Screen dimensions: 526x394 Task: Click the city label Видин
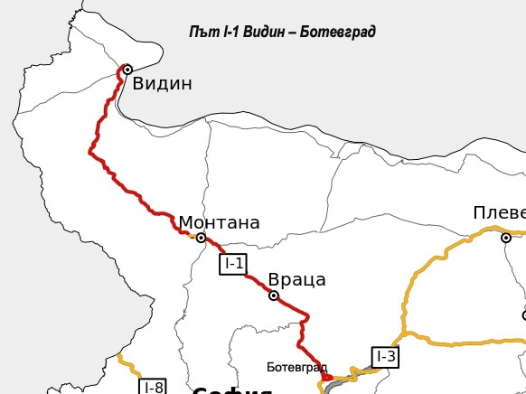[x=163, y=84]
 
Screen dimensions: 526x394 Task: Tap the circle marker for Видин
[x=127, y=69]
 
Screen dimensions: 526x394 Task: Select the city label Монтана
[x=219, y=222]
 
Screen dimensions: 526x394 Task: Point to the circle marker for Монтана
[x=201, y=238]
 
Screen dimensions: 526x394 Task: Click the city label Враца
[x=296, y=280]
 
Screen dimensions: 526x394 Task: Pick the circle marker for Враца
[x=274, y=295]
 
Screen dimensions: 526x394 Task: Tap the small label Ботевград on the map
[x=295, y=368]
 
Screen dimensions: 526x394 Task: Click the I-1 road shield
[x=233, y=264]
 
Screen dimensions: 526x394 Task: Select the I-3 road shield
[x=385, y=356]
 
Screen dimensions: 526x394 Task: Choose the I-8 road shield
[x=153, y=388]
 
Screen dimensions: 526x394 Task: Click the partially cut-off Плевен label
[x=499, y=212]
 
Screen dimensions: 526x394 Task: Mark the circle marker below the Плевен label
[x=506, y=238]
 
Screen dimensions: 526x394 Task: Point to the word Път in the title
[x=202, y=33]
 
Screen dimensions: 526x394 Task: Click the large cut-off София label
[x=232, y=390]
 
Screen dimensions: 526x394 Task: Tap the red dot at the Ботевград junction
[x=328, y=378]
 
